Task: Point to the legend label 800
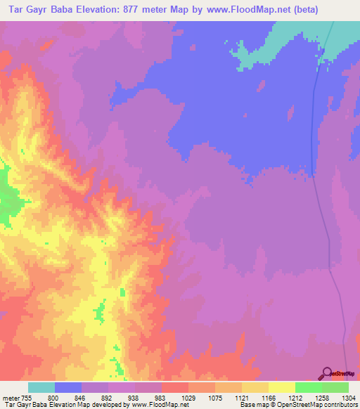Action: (54, 398)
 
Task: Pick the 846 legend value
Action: (81, 398)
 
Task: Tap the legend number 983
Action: (161, 398)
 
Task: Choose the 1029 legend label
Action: (188, 398)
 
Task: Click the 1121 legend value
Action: (241, 398)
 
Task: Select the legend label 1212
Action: (295, 398)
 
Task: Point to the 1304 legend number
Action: (348, 398)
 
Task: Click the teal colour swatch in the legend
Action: (41, 387)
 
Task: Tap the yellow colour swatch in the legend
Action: (281, 387)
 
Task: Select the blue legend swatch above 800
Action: (68, 387)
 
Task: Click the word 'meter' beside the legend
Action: (9, 398)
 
